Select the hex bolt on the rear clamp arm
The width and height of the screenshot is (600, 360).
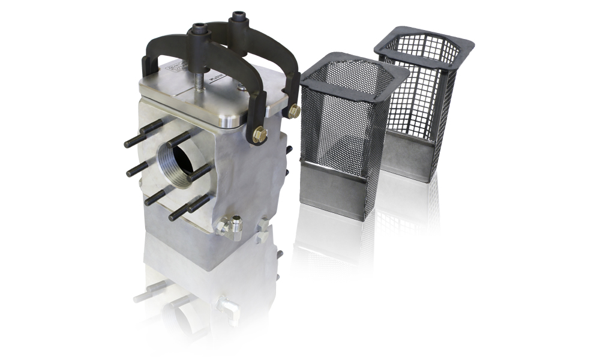click(294, 111)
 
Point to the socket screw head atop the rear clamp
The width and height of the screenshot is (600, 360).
click(238, 16)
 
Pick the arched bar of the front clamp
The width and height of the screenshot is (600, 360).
click(228, 63)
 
